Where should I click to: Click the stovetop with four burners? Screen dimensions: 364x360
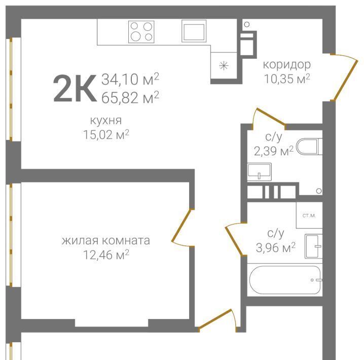pyautogui.click(x=141, y=31)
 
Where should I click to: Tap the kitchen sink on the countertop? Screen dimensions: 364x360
pyautogui.click(x=194, y=31)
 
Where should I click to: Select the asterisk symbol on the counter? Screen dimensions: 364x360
pyautogui.click(x=224, y=66)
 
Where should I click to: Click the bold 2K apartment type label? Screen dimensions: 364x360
pyautogui.click(x=75, y=88)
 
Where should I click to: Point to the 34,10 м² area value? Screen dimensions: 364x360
pyautogui.click(x=130, y=79)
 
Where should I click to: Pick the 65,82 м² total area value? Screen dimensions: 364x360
pyautogui.click(x=130, y=97)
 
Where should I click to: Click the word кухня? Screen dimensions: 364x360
pyautogui.click(x=106, y=121)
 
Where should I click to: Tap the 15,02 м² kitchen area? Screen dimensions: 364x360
pyautogui.click(x=106, y=135)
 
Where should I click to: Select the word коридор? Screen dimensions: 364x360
pyautogui.click(x=287, y=65)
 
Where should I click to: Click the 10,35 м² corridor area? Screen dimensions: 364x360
pyautogui.click(x=287, y=79)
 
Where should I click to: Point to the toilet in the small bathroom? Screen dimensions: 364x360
pyautogui.click(x=309, y=147)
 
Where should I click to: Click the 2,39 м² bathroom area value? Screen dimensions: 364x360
pyautogui.click(x=274, y=151)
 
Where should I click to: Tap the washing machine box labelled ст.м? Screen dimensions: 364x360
pyautogui.click(x=309, y=215)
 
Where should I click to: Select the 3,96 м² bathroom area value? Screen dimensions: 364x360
pyautogui.click(x=276, y=247)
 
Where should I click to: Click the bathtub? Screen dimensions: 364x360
pyautogui.click(x=285, y=280)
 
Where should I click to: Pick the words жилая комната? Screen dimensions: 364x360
pyautogui.click(x=106, y=240)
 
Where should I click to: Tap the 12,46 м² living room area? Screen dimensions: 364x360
pyautogui.click(x=106, y=255)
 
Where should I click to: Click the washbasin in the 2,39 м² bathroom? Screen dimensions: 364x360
pyautogui.click(x=259, y=172)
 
